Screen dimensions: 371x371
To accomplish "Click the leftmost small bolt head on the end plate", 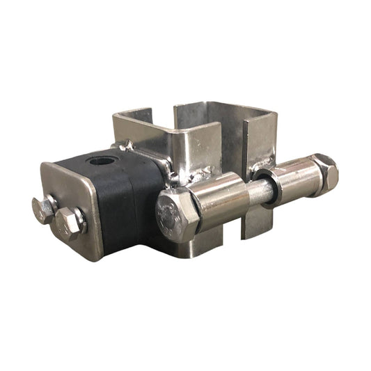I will coord(44,209).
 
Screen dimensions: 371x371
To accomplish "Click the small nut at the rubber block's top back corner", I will coord(126,147).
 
